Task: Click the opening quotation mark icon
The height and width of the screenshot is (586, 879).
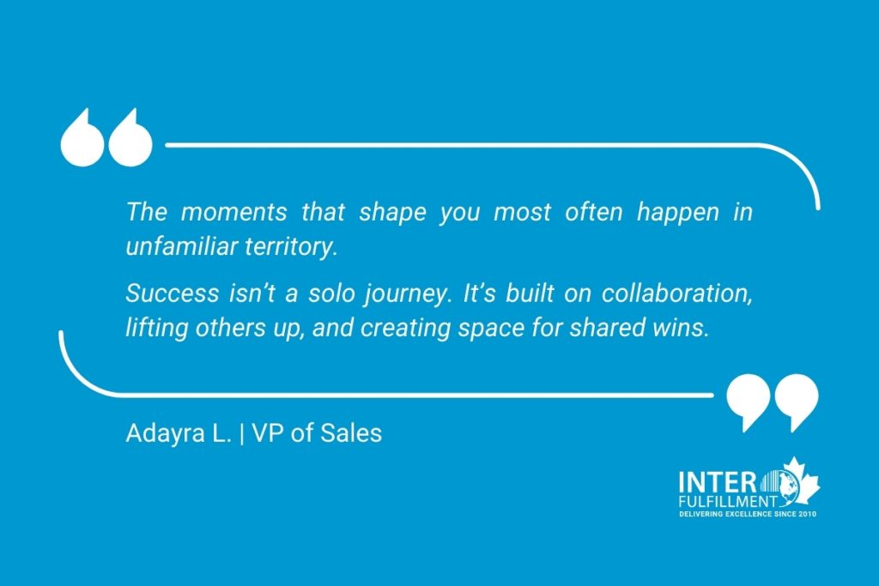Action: click(x=106, y=137)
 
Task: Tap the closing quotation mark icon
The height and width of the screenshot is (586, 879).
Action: click(x=773, y=403)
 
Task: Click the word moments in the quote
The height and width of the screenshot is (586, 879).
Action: click(x=233, y=212)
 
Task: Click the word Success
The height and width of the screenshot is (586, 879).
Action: click(x=172, y=293)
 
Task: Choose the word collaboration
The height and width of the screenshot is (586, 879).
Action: click(x=676, y=294)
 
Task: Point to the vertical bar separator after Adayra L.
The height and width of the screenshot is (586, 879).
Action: click(x=241, y=434)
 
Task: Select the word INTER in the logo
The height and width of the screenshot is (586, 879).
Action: click(x=717, y=482)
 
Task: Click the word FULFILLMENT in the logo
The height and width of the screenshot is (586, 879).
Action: click(x=727, y=501)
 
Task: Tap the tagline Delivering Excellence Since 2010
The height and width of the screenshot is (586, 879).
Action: click(x=748, y=514)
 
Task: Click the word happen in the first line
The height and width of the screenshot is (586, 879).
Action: click(x=678, y=213)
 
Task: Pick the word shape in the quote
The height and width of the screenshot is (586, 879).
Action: click(x=392, y=213)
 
